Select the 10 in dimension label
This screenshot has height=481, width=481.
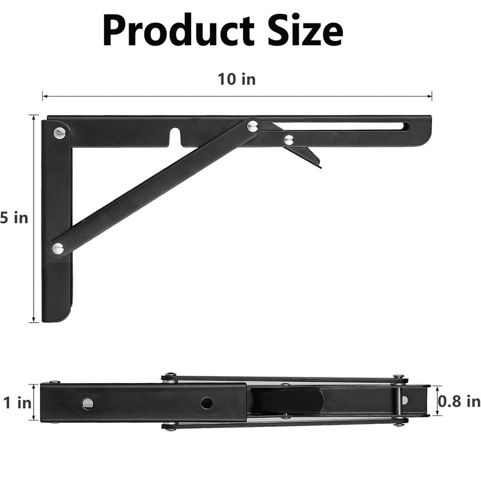coord(236,79)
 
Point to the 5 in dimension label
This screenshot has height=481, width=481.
coord(14,218)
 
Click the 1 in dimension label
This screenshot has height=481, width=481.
coord(17,403)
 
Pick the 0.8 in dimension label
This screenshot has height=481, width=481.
coord(459,401)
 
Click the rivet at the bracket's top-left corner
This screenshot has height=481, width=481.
coord(59,132)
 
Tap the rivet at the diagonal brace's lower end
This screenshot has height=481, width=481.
coord(58,248)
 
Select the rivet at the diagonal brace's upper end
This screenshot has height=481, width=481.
coord(253,126)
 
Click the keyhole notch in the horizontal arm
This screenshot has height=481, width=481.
coord(174,136)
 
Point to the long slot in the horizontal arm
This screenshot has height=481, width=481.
coord(343,127)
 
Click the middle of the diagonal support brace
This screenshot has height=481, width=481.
coord(155,186)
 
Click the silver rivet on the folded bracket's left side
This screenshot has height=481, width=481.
coord(88,403)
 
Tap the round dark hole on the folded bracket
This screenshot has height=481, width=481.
coord(206,403)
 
